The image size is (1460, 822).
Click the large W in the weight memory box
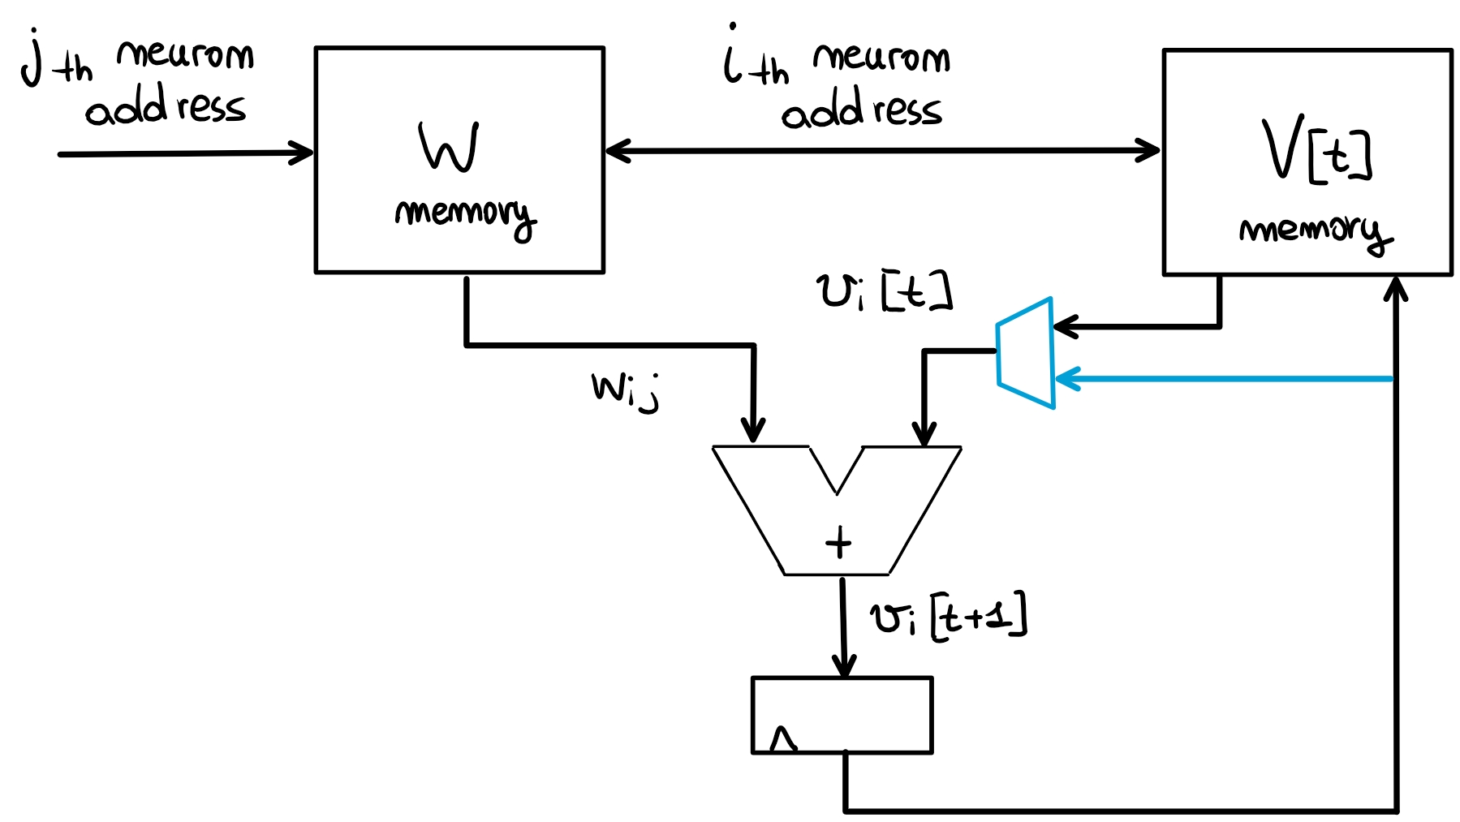449,147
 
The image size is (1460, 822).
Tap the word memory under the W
464,215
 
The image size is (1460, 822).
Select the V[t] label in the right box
1316,149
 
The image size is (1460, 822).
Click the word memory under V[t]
1315,232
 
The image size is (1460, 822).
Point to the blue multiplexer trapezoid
1025,353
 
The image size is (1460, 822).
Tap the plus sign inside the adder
838,542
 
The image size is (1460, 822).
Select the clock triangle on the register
782,739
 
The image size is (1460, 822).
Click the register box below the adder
842,715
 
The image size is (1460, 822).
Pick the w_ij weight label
624,391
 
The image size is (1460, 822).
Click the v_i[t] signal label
883,292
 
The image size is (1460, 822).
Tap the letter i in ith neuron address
733,57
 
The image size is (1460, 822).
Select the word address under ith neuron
861,110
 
